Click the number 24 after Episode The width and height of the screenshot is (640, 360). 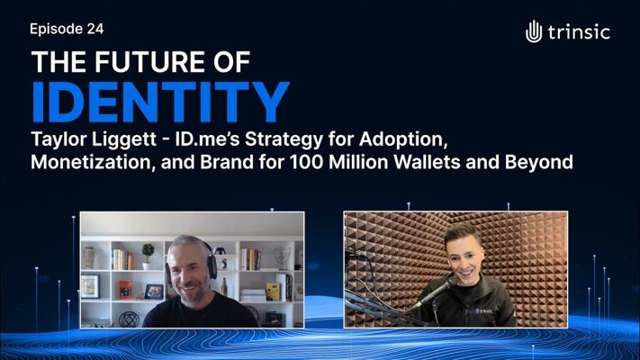tap(95, 29)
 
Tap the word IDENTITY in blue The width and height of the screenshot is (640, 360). tap(161, 102)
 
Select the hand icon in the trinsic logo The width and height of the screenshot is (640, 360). tap(534, 31)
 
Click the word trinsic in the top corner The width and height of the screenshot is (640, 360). tap(579, 32)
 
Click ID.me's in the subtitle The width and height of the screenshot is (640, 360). tap(208, 139)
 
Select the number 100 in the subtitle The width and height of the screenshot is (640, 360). tap(307, 162)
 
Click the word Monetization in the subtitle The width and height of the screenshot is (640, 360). tap(93, 162)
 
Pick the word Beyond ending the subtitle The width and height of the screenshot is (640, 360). tap(539, 162)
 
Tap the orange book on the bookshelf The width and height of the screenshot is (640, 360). tap(125, 290)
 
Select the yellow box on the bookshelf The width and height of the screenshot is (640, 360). tap(273, 292)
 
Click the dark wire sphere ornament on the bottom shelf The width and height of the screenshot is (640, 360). tap(129, 319)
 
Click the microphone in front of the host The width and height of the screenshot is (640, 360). tap(434, 293)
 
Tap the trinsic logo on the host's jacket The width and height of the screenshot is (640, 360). tap(484, 311)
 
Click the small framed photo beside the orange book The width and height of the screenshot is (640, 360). tap(154, 292)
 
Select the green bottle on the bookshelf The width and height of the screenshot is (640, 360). tap(224, 286)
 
